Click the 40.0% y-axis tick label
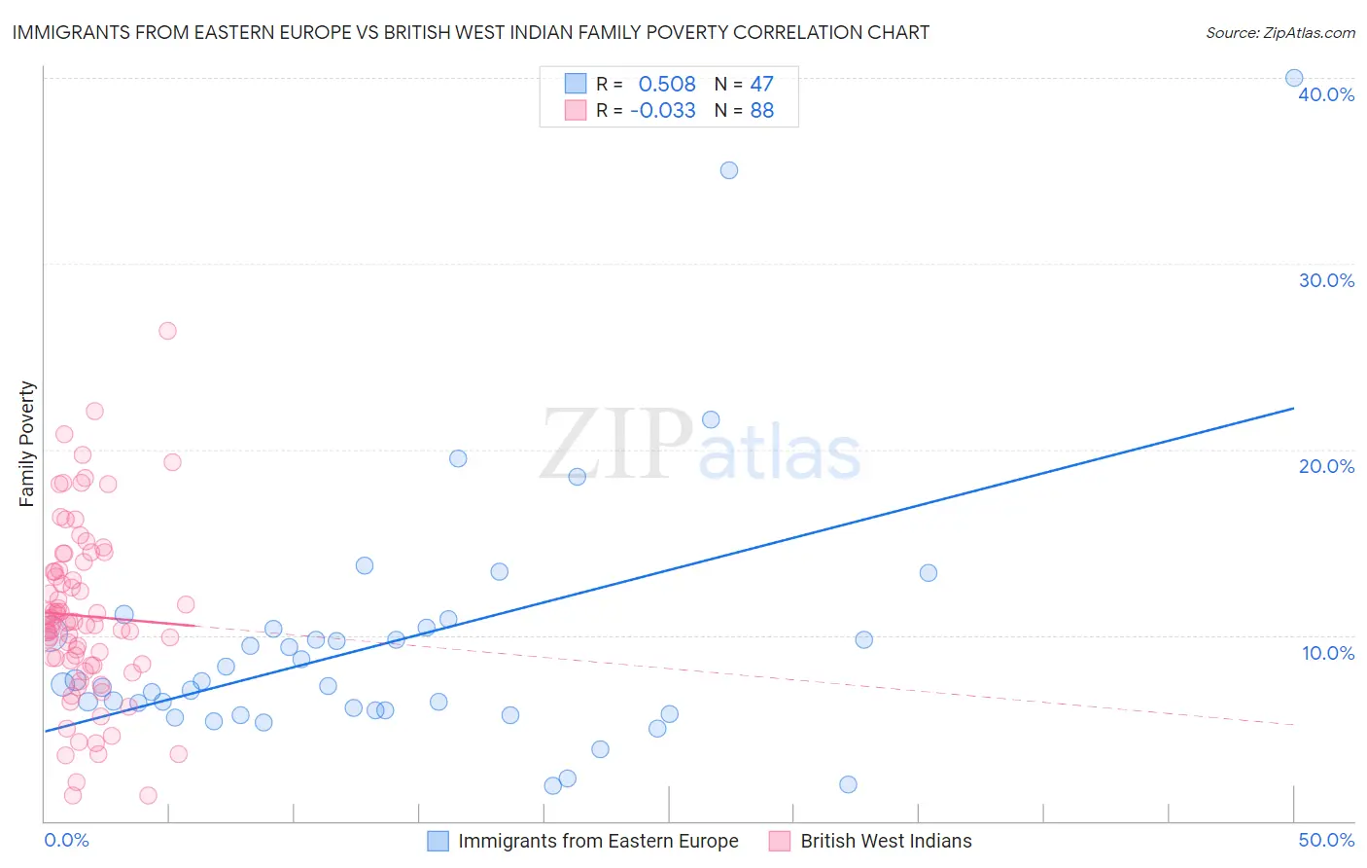pos(1326,94)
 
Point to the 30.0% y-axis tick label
pos(1326,280)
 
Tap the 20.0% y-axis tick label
pos(1326,466)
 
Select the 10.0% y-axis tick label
pos(1328,653)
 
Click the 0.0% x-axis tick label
pos(66,840)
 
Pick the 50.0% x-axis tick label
pos(1326,840)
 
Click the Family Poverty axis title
pos(27,444)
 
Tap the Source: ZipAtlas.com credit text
pos(1279,32)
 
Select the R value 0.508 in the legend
pos(667,85)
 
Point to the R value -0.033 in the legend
pos(663,111)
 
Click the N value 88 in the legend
pos(762,111)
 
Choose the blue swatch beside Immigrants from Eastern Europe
pos(438,841)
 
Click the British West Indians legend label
pos(886,841)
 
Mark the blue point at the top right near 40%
pos(1294,78)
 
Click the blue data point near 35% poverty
pos(729,170)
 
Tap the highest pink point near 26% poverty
pos(167,331)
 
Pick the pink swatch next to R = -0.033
pos(576,111)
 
